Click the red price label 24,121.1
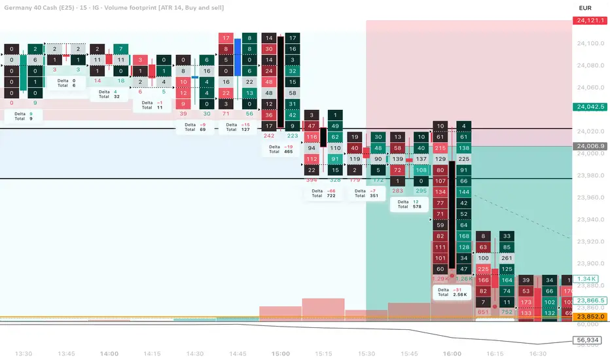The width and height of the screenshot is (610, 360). (590, 20)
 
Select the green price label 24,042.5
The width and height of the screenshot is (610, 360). (590, 107)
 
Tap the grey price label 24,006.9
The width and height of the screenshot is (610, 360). (590, 146)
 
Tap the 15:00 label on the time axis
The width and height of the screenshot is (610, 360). (281, 353)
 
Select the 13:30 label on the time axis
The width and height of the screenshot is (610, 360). (24, 353)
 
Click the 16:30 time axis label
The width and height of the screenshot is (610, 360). (537, 353)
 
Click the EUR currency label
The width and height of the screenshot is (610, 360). (586, 8)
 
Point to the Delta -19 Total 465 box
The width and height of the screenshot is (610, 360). (279, 149)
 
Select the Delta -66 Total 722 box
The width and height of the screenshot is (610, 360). (322, 193)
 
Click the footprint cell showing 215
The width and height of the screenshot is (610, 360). (440, 149)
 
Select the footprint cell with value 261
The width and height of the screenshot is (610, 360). (506, 258)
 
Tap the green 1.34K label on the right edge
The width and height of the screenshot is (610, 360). (587, 279)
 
